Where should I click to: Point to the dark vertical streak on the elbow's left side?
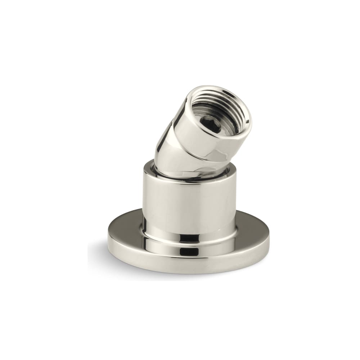point(158,151)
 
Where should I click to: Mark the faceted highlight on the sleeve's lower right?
point(230,151)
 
